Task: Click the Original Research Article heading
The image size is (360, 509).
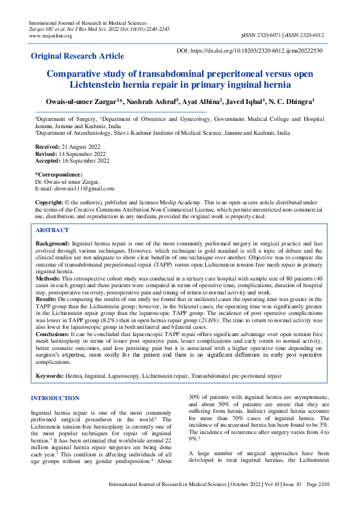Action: pyautogui.click(x=77, y=56)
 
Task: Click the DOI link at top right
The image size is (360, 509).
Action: pyautogui.click(x=249, y=51)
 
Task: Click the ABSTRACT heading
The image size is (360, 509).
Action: pyautogui.click(x=53, y=230)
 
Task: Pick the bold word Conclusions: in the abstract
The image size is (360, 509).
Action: pyautogui.click(x=53, y=333)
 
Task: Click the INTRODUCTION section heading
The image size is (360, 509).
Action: pyautogui.click(x=55, y=398)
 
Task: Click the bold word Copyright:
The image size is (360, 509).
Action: pyautogui.click(x=49, y=201)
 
